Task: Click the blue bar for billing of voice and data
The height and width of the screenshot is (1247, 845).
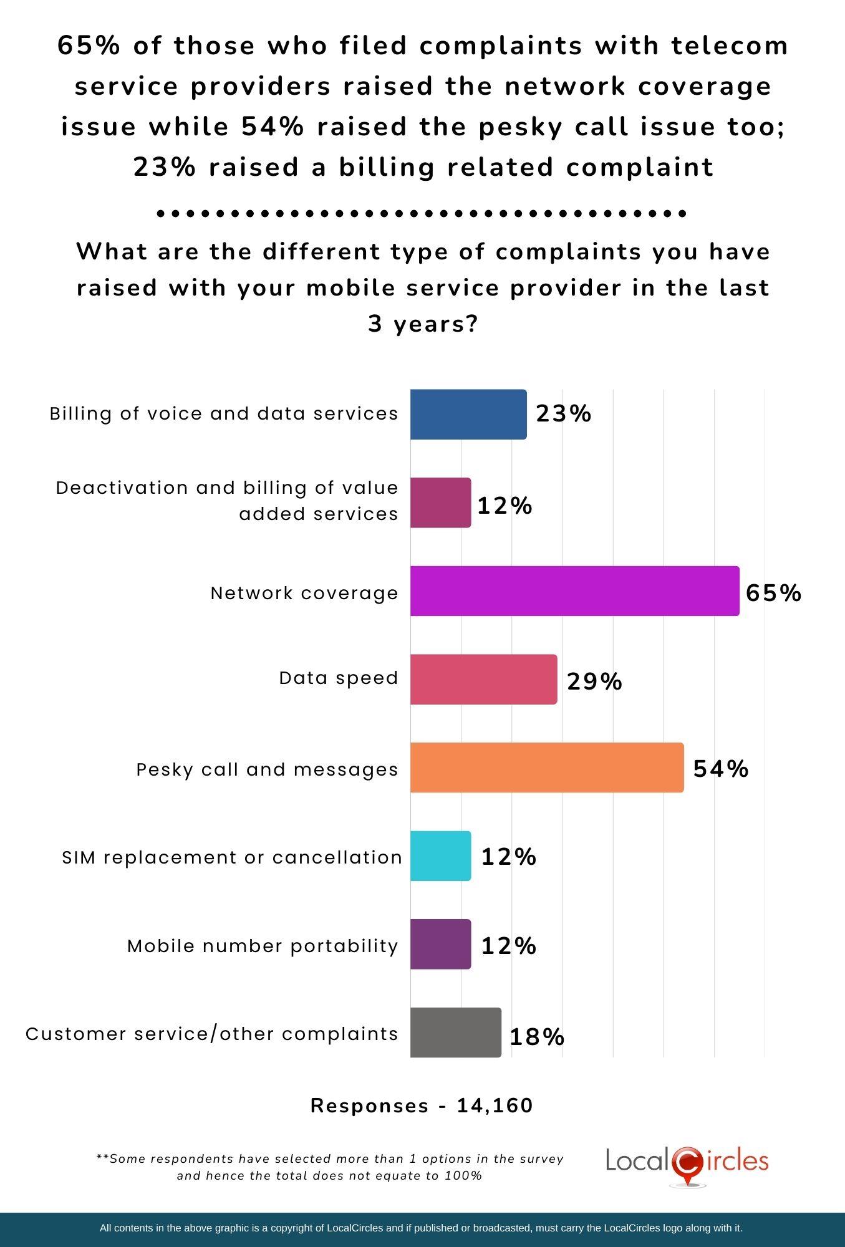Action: pyautogui.click(x=468, y=415)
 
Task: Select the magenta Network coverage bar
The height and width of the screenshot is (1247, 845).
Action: pyautogui.click(x=574, y=591)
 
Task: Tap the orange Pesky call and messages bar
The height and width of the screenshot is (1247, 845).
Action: pyautogui.click(x=546, y=768)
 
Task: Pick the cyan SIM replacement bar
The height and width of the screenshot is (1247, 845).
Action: pyautogui.click(x=440, y=856)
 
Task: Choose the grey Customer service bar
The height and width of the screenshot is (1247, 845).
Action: pyautogui.click(x=455, y=1033)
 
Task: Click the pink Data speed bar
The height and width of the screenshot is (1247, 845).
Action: pyautogui.click(x=483, y=680)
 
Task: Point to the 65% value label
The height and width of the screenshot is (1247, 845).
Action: pyautogui.click(x=773, y=592)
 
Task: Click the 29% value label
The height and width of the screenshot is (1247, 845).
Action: pyautogui.click(x=594, y=681)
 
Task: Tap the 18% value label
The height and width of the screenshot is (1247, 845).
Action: pyautogui.click(x=537, y=1037)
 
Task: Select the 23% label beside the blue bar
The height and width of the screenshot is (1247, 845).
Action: pyautogui.click(x=563, y=413)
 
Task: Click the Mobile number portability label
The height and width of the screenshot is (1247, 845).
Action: pyautogui.click(x=263, y=946)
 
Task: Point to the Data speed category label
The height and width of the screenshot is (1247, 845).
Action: pyautogui.click(x=338, y=678)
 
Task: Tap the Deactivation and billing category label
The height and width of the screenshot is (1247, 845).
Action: pyautogui.click(x=227, y=501)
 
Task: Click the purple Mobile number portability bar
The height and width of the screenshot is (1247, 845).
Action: pyautogui.click(x=440, y=944)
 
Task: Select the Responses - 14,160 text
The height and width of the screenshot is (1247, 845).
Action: pyautogui.click(x=422, y=1105)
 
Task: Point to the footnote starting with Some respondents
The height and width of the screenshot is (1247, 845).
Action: pyautogui.click(x=330, y=1167)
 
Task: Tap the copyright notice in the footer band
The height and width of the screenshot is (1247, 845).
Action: pyautogui.click(x=421, y=1228)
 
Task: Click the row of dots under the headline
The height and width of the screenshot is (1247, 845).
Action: pyautogui.click(x=422, y=213)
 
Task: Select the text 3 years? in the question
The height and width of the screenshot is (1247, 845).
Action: pyautogui.click(x=422, y=324)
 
